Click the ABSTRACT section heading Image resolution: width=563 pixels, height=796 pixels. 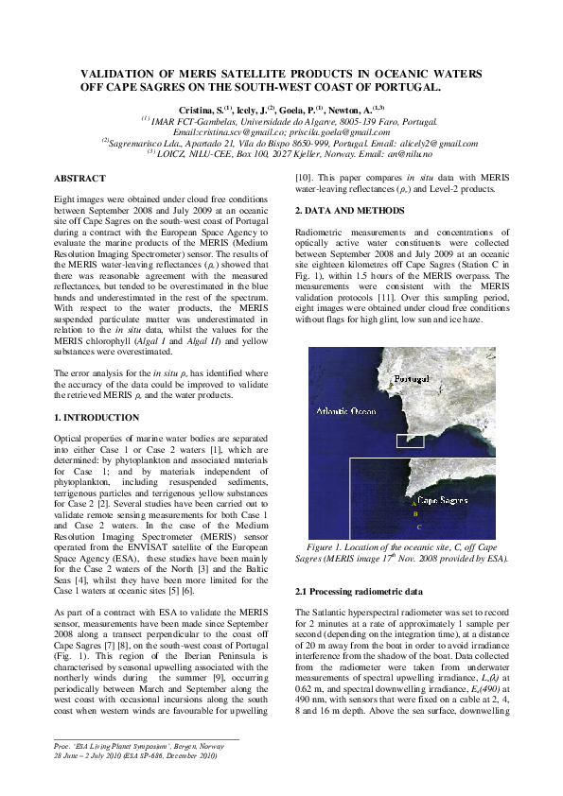click(x=79, y=178)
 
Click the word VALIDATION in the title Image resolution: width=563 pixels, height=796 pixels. click(x=126, y=73)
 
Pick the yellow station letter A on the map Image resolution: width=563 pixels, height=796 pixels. click(x=414, y=505)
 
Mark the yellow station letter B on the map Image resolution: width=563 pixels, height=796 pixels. click(x=416, y=514)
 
